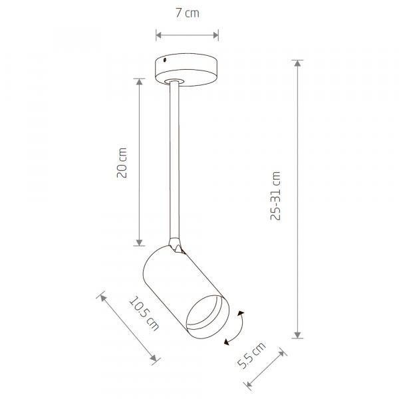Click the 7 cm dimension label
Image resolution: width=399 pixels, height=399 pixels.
pos(188,13)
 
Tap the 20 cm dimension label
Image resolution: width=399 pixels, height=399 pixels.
pos(122,163)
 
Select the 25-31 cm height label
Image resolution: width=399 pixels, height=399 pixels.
pos(275,196)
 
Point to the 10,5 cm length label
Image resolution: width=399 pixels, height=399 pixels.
pos(144,313)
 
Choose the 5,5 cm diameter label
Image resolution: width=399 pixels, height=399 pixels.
pos(251,355)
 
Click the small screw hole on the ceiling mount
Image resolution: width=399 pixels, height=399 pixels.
pos(165,60)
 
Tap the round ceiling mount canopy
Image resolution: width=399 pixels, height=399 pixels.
pos(186,69)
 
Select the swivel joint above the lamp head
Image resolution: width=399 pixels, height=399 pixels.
pos(176,245)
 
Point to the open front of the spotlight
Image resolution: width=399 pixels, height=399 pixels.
pos(207,317)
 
